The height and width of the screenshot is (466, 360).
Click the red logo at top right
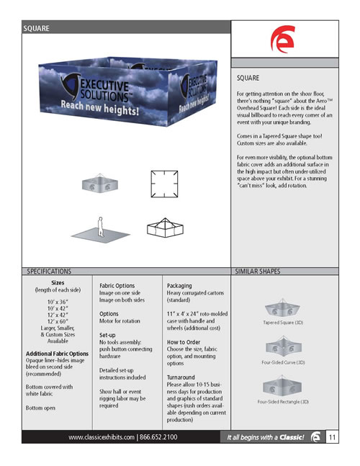(283, 39)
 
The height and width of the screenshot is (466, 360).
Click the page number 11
(332, 437)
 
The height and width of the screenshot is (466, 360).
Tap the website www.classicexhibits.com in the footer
(102, 437)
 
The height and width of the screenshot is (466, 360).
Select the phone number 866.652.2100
(158, 437)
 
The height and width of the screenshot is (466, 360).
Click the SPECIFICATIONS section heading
(49, 271)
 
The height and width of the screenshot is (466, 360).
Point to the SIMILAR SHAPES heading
(258, 271)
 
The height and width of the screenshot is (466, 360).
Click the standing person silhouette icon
(101, 227)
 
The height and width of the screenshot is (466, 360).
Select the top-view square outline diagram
(164, 184)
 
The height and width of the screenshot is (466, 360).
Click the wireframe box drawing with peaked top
(165, 228)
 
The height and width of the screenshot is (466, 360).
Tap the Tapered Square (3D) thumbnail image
(282, 308)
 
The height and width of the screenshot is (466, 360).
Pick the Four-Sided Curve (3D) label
(283, 362)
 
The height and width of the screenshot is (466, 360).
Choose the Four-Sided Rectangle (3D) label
(283, 401)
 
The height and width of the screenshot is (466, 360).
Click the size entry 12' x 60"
(58, 321)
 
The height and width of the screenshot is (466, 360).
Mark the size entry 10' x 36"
(58, 302)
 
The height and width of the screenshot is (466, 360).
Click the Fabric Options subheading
(117, 286)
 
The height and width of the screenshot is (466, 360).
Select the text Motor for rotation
(120, 321)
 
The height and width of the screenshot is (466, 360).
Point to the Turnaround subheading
(181, 377)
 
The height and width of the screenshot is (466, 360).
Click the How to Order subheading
(184, 342)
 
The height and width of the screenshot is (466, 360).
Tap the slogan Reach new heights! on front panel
(100, 108)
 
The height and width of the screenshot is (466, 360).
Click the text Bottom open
(40, 408)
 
